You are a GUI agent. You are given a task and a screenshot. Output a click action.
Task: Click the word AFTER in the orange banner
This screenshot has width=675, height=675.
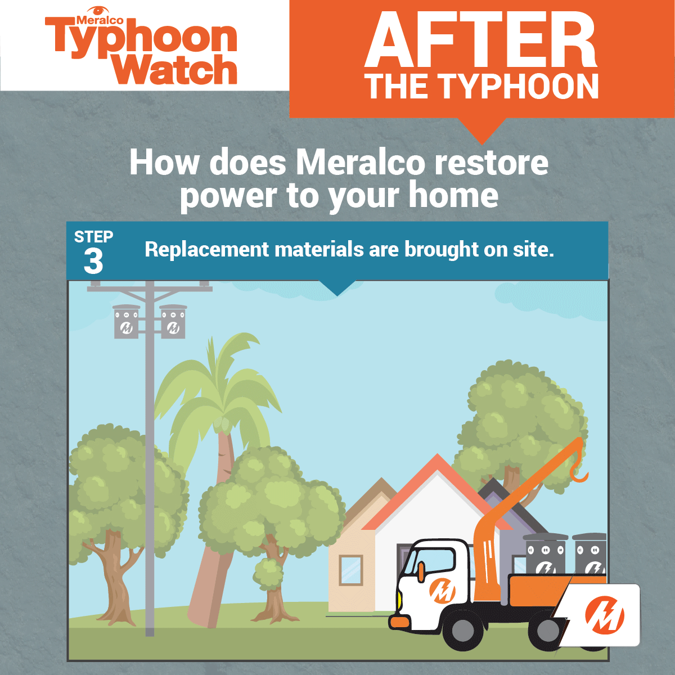point(480,39)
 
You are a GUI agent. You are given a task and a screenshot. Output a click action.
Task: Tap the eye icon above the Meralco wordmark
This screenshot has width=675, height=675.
point(99,10)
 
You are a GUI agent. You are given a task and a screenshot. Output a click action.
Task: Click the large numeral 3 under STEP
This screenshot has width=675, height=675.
point(93,262)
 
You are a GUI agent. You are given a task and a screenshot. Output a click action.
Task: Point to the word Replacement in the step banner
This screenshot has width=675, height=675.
point(206,249)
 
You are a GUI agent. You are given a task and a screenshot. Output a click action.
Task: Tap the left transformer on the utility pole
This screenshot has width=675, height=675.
point(126,322)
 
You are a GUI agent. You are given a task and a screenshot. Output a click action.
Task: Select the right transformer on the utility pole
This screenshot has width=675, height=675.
point(173,322)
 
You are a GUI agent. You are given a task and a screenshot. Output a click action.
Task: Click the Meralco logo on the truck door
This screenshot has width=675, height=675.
point(443,591)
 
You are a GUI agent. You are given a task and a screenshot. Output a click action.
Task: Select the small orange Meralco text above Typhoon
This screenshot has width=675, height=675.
point(100,20)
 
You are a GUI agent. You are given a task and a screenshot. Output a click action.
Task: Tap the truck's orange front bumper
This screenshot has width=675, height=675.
point(399,622)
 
